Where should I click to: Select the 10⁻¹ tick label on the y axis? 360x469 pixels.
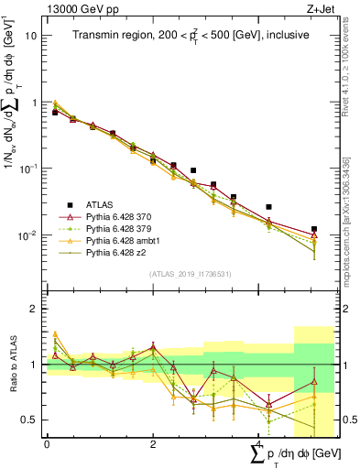click(29, 169)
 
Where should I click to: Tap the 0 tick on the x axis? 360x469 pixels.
click(47, 443)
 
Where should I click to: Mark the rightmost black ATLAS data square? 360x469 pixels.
click(314, 229)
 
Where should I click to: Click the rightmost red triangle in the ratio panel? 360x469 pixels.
click(314, 382)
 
